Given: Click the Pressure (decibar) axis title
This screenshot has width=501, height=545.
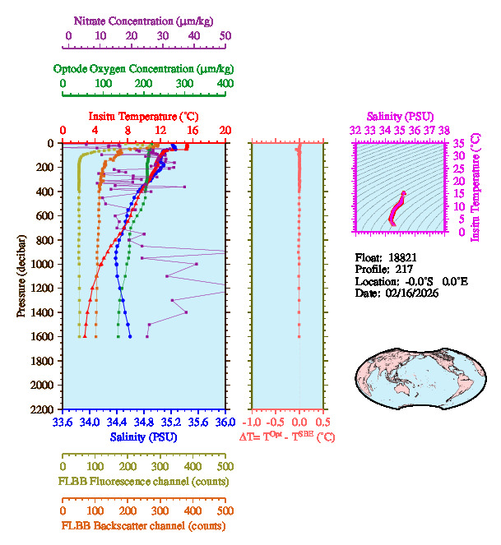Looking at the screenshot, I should (23, 275).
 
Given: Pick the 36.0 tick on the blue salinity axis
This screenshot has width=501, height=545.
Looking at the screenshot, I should (224, 423).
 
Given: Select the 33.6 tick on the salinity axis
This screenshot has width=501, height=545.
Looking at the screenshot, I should (62, 423).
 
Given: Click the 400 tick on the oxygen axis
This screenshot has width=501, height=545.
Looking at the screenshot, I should (225, 84).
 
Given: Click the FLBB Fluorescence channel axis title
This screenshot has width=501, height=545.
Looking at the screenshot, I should (143, 481).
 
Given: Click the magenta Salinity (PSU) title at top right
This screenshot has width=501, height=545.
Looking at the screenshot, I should (400, 117).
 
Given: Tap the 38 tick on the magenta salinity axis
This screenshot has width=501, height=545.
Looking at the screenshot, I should (444, 130).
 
